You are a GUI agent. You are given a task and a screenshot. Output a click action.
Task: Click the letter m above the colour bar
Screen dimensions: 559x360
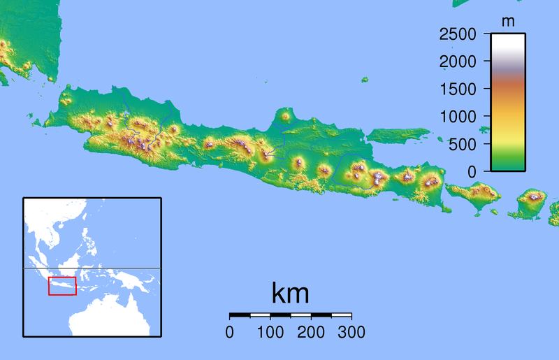pyautogui.click(x=508, y=22)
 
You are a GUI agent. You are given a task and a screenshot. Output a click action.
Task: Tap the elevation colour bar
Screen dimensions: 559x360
pyautogui.click(x=508, y=102)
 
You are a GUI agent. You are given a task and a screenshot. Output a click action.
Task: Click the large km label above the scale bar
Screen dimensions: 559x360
pyautogui.click(x=290, y=294)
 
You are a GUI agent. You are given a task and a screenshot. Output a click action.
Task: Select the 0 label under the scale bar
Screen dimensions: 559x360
pyautogui.click(x=230, y=332)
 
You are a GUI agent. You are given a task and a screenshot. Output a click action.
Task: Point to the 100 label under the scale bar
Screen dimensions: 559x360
pyautogui.click(x=270, y=332)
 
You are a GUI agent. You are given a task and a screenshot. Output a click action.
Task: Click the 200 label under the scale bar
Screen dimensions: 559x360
pyautogui.click(x=310, y=332)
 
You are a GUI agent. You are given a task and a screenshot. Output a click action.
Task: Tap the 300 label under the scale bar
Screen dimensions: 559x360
pyautogui.click(x=351, y=332)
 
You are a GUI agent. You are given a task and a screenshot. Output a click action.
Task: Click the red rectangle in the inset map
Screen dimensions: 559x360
pyautogui.click(x=62, y=286)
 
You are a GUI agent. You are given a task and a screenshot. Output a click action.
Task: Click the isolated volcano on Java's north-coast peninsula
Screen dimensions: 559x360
pyautogui.click(x=284, y=116)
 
